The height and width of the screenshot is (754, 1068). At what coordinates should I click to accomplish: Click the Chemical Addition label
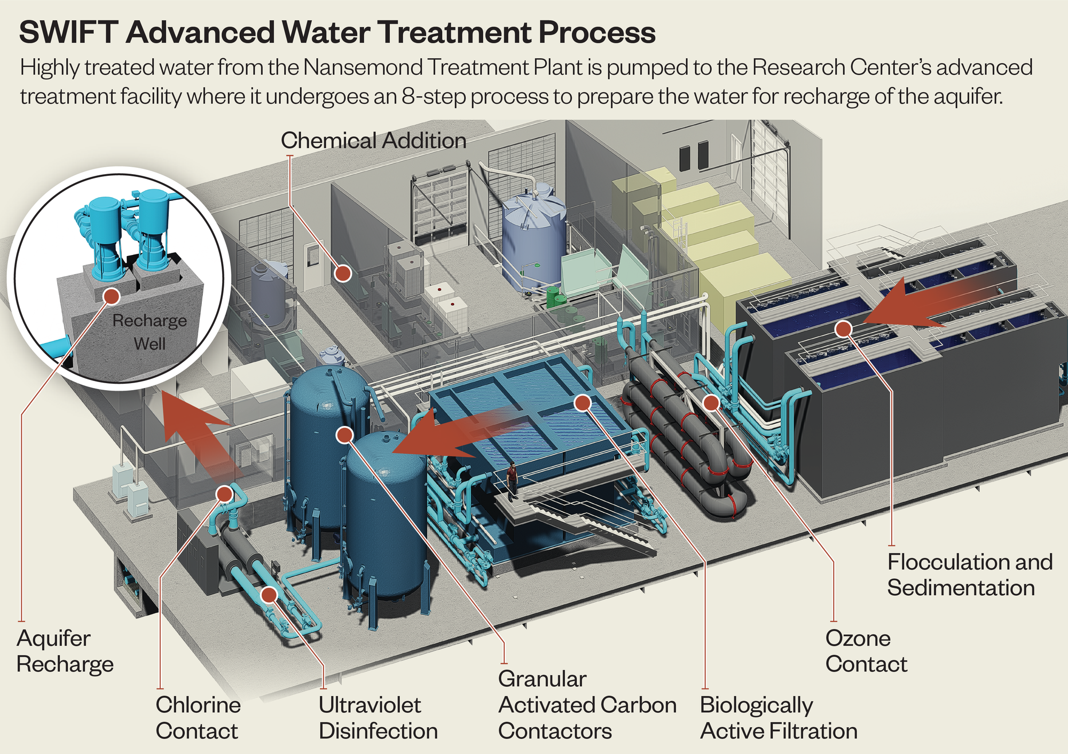pos(373,141)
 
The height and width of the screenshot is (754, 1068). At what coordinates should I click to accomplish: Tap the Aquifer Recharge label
pos(65,651)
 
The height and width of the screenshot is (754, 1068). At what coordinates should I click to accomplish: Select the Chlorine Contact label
pos(198,718)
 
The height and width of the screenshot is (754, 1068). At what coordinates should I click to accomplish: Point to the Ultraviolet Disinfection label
pos(378,718)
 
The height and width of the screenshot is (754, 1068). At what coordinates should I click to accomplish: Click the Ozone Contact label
pos(866,651)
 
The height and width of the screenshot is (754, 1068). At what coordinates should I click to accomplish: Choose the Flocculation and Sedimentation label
pos(969,574)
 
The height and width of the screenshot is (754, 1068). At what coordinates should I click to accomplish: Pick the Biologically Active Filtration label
pos(778,718)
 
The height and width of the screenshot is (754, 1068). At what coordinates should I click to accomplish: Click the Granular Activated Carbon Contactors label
pos(587,705)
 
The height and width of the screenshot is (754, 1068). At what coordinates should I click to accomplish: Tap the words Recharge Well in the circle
pos(150,332)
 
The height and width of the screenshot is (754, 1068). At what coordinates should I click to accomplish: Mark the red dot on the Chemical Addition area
pos(343,274)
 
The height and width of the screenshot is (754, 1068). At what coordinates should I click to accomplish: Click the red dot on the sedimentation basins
pos(843,329)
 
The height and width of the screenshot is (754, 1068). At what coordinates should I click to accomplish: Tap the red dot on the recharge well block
pos(112,296)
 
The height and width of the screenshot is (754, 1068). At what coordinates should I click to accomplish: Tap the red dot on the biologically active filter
pos(583,402)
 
